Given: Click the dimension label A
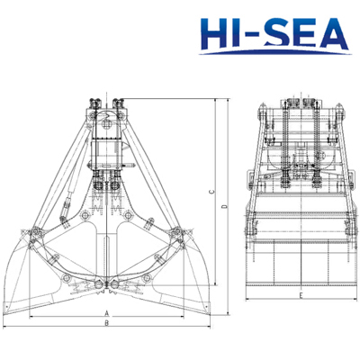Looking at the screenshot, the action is coord(106,313).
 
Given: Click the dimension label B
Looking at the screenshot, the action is coord(106,323).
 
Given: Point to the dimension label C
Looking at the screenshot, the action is coord(211,192).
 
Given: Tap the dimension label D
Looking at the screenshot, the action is coord(224,206).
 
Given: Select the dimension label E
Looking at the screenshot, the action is coord(301,295).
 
